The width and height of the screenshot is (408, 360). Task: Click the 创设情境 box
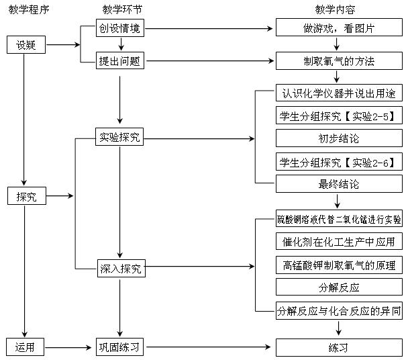point(121,29)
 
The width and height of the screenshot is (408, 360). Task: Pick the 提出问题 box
point(121,61)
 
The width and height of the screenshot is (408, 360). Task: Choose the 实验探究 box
point(121,139)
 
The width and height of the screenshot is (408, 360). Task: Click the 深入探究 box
point(121,269)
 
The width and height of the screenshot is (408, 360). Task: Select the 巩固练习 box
point(121,347)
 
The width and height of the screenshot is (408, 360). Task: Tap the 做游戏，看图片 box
point(339,29)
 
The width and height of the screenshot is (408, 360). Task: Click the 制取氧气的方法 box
point(339,61)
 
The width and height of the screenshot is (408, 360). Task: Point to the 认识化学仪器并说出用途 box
point(339,93)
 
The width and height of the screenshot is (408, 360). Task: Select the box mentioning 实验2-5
point(339,116)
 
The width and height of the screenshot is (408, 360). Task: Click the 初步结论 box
point(339,139)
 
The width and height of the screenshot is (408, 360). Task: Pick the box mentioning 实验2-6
point(339,162)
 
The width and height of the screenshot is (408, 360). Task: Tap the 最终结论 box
point(339,183)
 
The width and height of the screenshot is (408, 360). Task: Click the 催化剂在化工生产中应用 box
point(339,242)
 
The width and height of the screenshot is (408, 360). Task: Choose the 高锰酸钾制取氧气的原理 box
point(339,265)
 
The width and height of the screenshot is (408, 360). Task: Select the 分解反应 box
point(339,287)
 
